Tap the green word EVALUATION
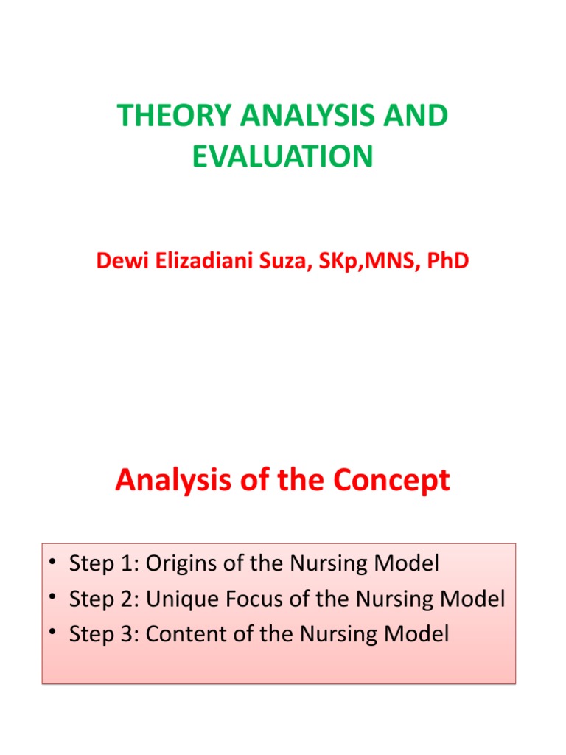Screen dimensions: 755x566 pos(283,156)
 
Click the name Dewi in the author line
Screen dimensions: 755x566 pos(118,262)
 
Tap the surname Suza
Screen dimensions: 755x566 pos(276,262)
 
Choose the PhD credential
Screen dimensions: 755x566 pos(446,262)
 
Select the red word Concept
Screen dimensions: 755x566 pos(390,481)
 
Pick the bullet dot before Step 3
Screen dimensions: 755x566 pos(52,634)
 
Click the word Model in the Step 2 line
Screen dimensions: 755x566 pos(473,599)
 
